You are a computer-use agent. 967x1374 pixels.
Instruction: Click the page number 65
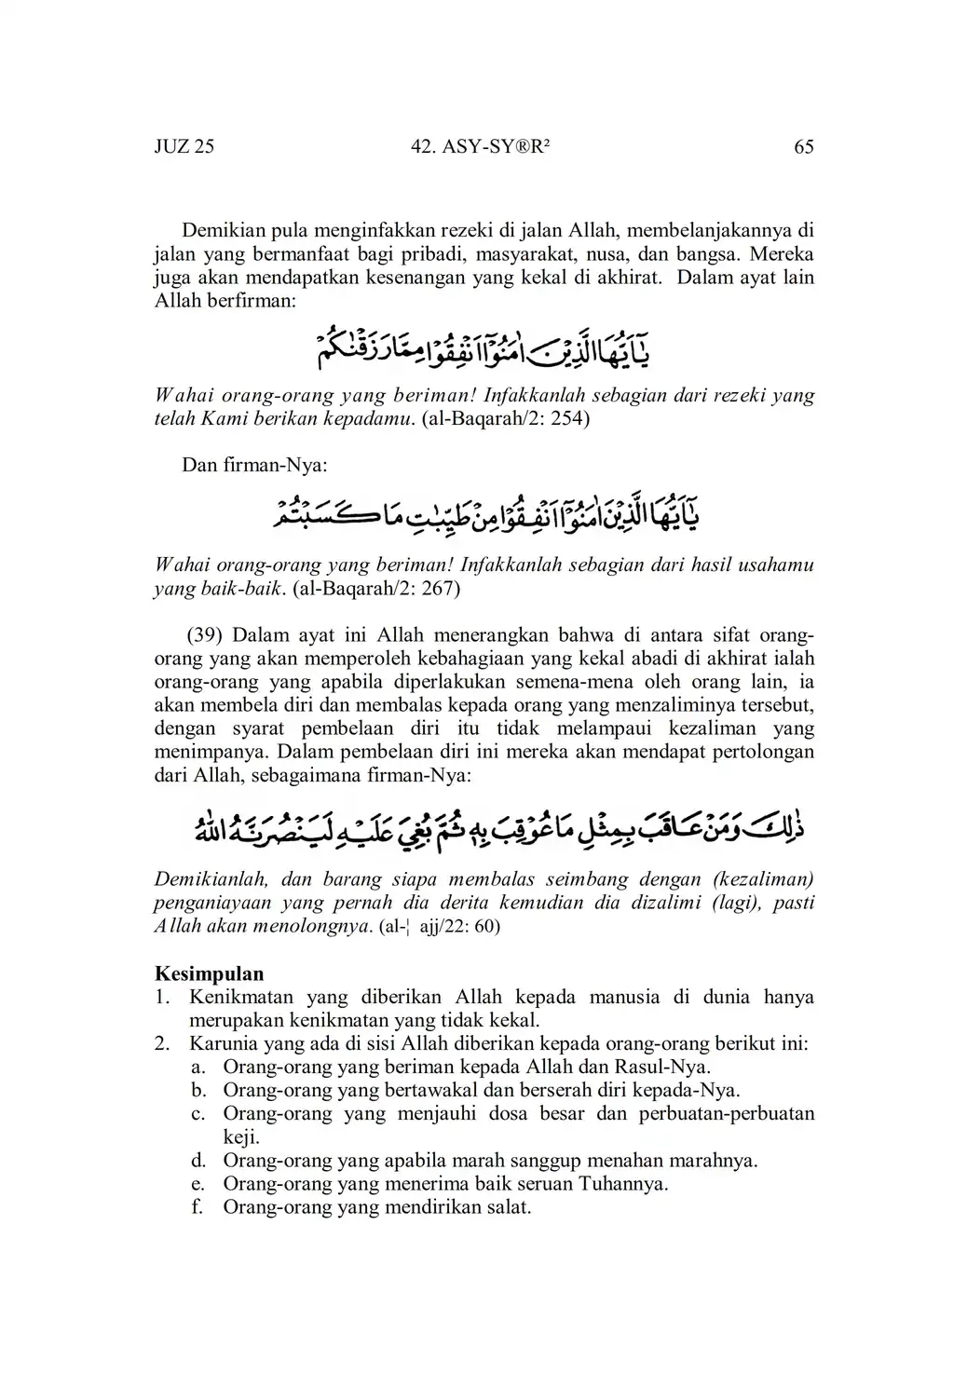[x=803, y=146]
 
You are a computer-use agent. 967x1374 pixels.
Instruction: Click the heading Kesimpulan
[x=209, y=973]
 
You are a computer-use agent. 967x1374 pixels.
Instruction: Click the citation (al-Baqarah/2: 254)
[x=506, y=418]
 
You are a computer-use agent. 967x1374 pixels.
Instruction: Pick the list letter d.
[x=197, y=1161]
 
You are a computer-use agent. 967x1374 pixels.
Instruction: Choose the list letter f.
[x=197, y=1207]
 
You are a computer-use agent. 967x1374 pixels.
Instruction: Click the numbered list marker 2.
[x=162, y=1043]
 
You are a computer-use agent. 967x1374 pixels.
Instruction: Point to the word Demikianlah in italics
[x=211, y=879]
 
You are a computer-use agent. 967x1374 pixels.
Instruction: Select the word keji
[x=239, y=1137]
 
